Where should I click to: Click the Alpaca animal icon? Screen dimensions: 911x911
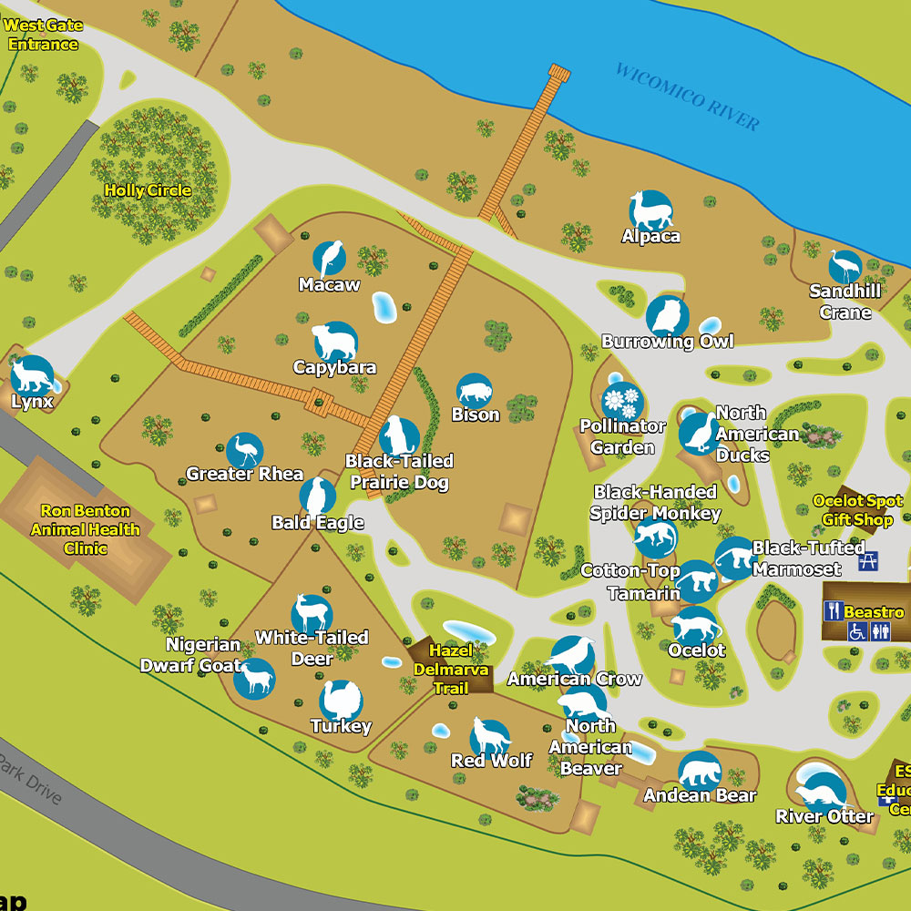pyautogui.click(x=651, y=210)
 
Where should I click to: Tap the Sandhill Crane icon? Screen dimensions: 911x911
pyautogui.click(x=845, y=267)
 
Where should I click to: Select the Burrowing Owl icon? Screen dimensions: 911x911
pyautogui.click(x=668, y=316)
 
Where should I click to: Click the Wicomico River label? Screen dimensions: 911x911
pyautogui.click(x=688, y=97)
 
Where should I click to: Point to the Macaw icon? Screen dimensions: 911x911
pyautogui.click(x=329, y=259)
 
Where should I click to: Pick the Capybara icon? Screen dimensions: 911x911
pyautogui.click(x=335, y=341)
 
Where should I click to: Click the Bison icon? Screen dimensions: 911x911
pyautogui.click(x=474, y=392)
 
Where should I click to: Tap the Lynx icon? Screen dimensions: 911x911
pyautogui.click(x=32, y=374)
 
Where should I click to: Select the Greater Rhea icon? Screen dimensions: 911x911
pyautogui.click(x=244, y=451)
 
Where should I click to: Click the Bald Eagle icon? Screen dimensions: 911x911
pyautogui.click(x=317, y=496)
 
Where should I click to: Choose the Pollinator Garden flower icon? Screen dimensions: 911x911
pyautogui.click(x=622, y=401)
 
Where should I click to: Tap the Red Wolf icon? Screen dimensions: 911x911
pyautogui.click(x=490, y=736)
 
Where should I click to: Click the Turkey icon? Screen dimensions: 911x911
pyautogui.click(x=341, y=701)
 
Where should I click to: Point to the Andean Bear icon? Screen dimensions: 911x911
pyautogui.click(x=700, y=772)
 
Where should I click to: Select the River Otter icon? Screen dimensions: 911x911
pyautogui.click(x=823, y=789)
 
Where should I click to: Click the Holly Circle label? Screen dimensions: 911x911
pyautogui.click(x=148, y=190)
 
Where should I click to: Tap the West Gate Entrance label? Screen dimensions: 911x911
pyautogui.click(x=42, y=35)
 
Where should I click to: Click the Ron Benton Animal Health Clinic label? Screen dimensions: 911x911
pyautogui.click(x=86, y=529)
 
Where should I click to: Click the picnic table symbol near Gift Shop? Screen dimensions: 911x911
pyautogui.click(x=869, y=560)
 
